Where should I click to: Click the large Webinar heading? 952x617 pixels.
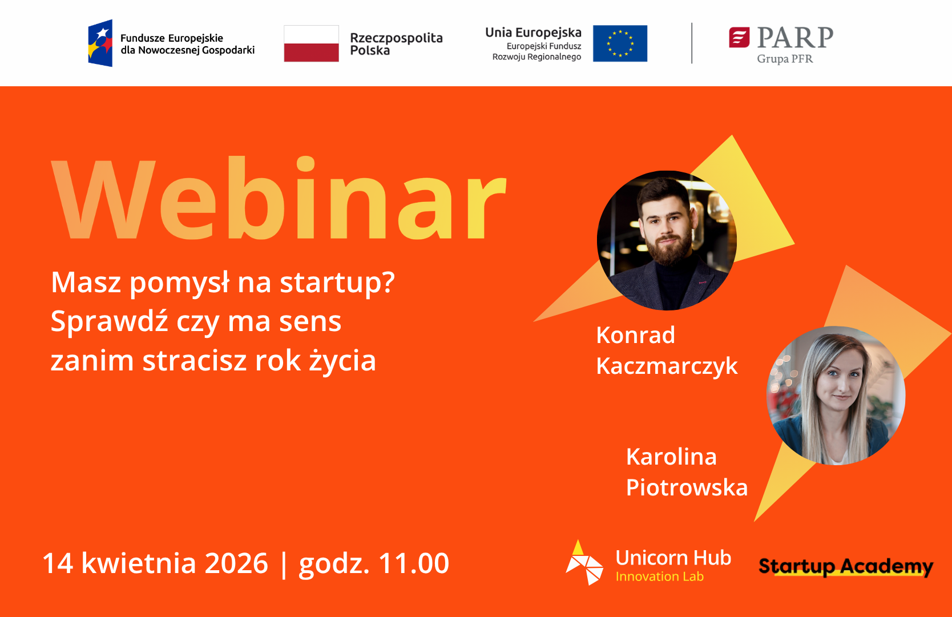[x=279, y=198]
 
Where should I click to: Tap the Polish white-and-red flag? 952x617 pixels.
[x=312, y=43]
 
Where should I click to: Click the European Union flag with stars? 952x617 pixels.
[x=620, y=43]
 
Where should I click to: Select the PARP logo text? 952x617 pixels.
[x=794, y=37]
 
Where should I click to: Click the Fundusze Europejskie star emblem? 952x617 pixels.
[x=100, y=43]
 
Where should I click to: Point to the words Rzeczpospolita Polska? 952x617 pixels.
[x=396, y=44]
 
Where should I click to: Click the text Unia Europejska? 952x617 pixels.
[x=534, y=33]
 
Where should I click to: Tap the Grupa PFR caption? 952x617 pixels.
[x=785, y=59]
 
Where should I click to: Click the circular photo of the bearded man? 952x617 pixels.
[x=667, y=240]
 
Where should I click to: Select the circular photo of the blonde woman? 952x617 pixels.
[x=836, y=396]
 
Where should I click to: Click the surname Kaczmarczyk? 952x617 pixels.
[x=667, y=365]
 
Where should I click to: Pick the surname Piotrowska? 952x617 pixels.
[x=687, y=487]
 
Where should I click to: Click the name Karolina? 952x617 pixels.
[x=672, y=457]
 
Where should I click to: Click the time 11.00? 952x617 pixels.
[x=414, y=563]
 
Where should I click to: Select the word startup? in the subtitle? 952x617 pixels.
[x=337, y=283]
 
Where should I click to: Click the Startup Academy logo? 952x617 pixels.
[x=846, y=567]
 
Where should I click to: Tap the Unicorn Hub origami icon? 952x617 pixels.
[x=584, y=563]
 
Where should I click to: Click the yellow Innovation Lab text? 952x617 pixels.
[x=660, y=576]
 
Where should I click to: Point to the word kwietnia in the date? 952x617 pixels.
[x=139, y=563]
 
